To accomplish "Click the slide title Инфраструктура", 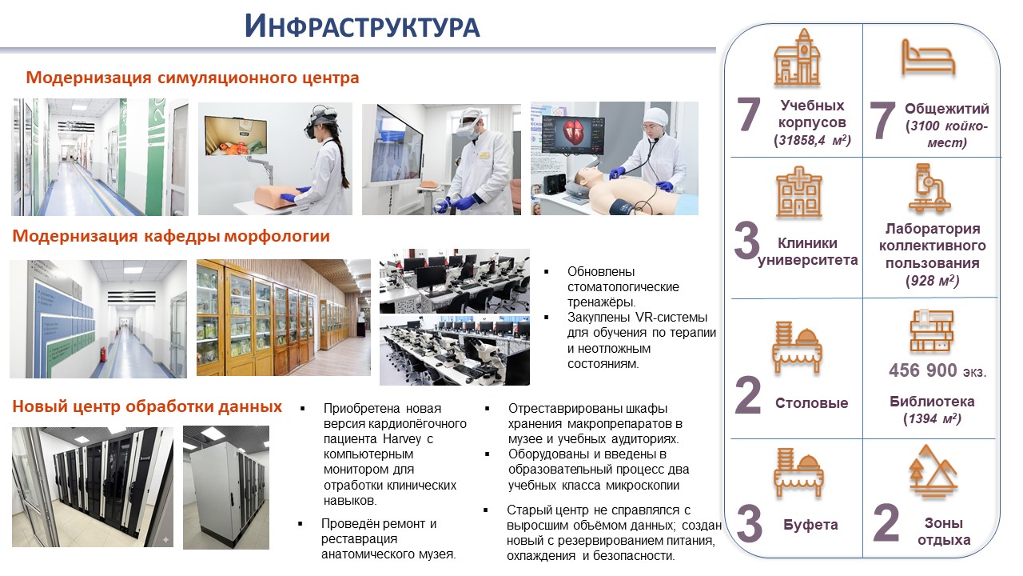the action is click(x=362, y=26).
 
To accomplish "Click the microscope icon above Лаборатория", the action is click(x=929, y=188).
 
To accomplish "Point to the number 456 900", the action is click(x=922, y=370).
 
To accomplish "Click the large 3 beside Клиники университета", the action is click(x=746, y=241).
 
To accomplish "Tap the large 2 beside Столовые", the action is click(x=747, y=395).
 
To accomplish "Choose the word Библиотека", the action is click(x=932, y=402).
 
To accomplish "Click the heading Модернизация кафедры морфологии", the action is click(x=171, y=236).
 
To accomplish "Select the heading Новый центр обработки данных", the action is click(x=147, y=406).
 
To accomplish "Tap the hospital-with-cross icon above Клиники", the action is click(x=798, y=191).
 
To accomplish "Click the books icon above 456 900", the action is click(x=931, y=330).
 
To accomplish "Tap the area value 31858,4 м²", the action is click(x=812, y=140).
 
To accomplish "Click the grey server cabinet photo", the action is click(x=226, y=487).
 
